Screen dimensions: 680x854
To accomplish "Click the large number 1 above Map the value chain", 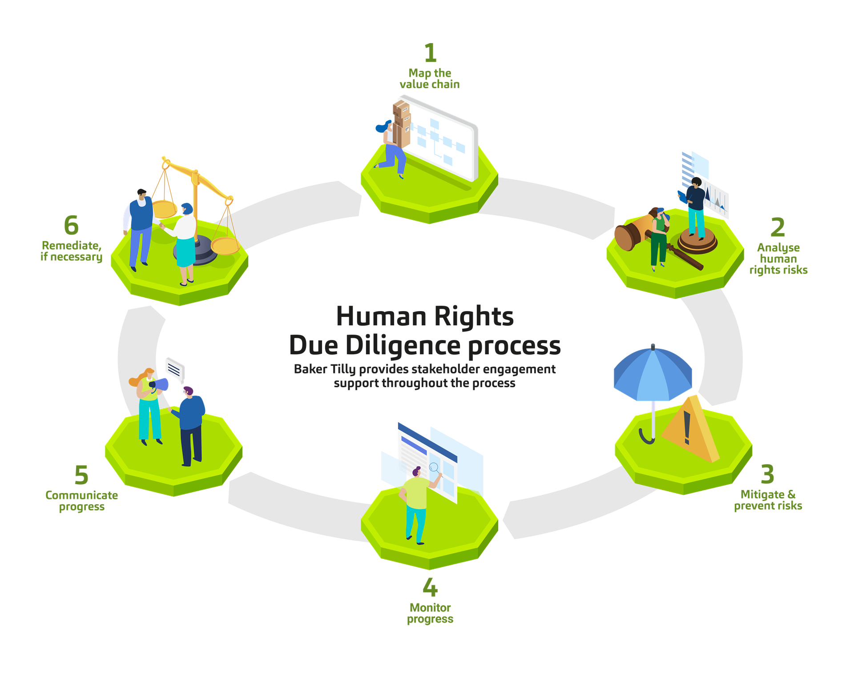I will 430,53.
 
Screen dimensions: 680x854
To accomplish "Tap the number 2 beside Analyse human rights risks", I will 777,227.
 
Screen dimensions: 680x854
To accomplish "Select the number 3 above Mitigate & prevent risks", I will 768,474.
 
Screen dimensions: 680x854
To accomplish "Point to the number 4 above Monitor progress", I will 430,587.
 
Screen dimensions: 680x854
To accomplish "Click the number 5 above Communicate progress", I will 81,475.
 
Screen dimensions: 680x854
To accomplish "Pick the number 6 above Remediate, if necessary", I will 71,225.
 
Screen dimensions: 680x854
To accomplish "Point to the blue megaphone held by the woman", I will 160,385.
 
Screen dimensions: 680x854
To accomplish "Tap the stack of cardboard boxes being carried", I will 401,122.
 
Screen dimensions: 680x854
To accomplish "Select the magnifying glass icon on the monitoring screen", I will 434,467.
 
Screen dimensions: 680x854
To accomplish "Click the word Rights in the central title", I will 474,316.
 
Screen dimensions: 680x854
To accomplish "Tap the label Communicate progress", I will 82,501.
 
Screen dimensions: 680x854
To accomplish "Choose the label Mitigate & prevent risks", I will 768,500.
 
